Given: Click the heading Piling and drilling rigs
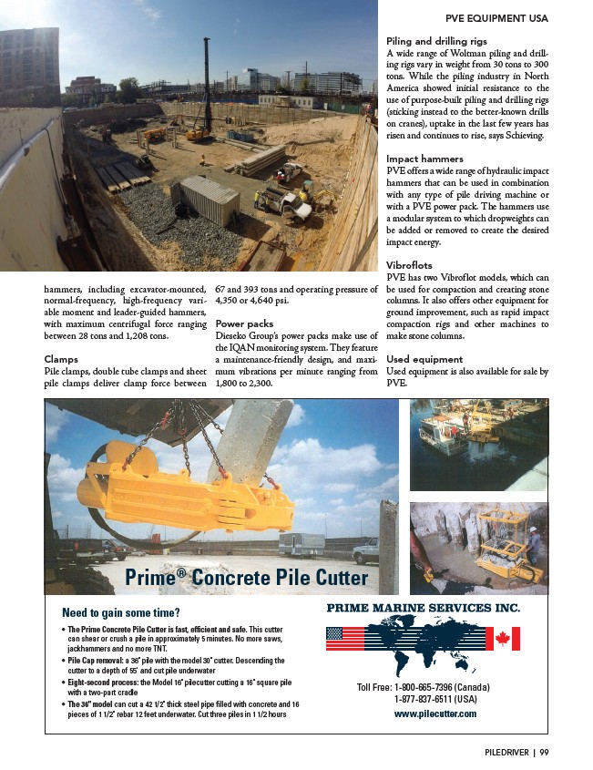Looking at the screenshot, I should (436, 41).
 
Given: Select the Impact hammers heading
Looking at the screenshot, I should (424, 159).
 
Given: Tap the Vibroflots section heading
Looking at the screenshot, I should (411, 264).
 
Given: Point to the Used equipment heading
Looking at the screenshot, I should (424, 360).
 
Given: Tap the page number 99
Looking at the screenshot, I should (543, 752).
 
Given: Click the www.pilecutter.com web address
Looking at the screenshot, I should (435, 714).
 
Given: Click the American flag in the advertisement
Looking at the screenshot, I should (344, 638).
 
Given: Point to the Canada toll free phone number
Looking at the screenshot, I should (426, 686).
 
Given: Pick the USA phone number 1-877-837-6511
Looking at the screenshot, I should (435, 699).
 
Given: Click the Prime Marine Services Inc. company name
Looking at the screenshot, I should (423, 607).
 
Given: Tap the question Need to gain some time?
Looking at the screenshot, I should (119, 612).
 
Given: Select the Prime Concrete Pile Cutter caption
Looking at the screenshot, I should (246, 578).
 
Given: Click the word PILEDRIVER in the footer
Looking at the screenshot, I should (506, 752).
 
